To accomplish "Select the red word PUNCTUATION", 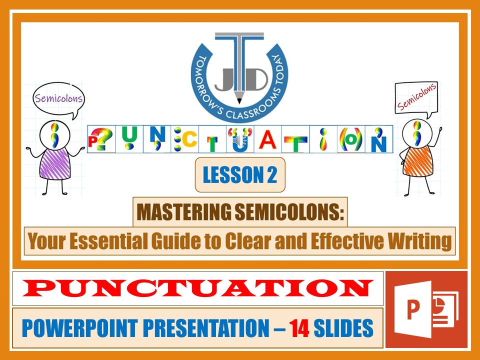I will (x=198, y=288).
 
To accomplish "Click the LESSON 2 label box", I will (x=240, y=174).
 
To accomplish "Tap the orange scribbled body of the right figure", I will (x=417, y=159).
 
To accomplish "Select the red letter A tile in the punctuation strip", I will (x=268, y=139).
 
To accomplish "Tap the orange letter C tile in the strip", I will (x=184, y=139).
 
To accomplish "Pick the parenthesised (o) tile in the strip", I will (x=351, y=139).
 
